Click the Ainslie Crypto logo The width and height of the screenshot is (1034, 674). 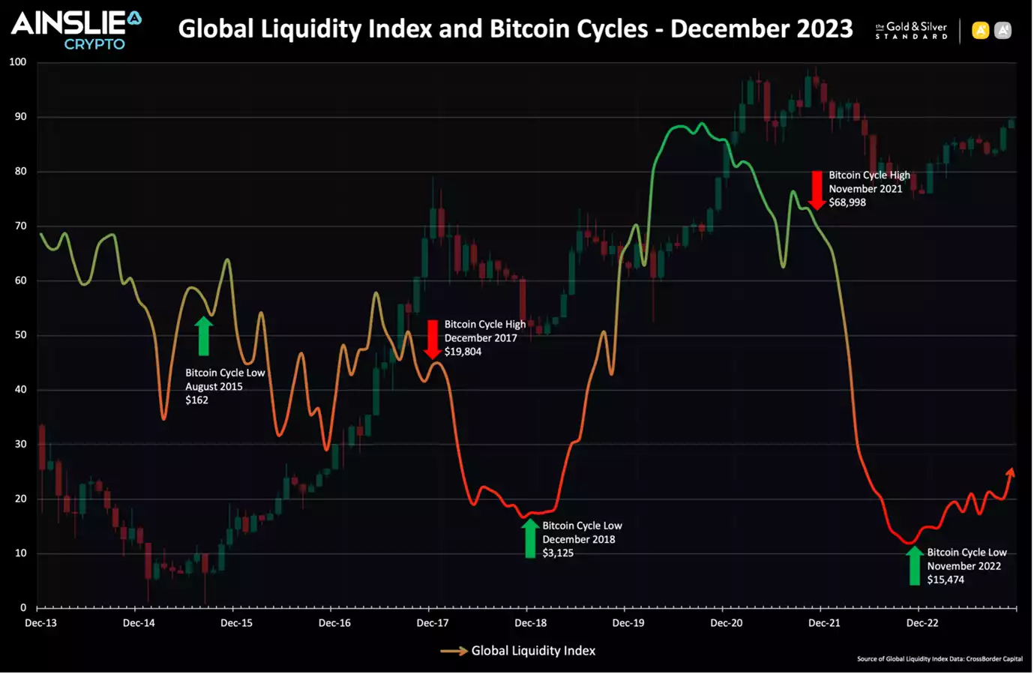pyautogui.click(x=76, y=30)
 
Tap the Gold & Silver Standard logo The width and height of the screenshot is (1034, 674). pyautogui.click(x=911, y=31)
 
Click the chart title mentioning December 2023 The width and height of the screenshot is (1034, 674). pyautogui.click(x=515, y=28)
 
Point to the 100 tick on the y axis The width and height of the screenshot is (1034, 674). pyautogui.click(x=17, y=62)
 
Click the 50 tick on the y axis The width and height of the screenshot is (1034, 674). pyautogui.click(x=20, y=335)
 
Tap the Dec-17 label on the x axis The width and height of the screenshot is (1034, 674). pyautogui.click(x=433, y=623)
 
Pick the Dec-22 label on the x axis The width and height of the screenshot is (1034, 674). pyautogui.click(x=922, y=623)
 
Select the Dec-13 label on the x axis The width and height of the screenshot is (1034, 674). pyautogui.click(x=40, y=623)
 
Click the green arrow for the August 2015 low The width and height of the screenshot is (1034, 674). pyautogui.click(x=203, y=336)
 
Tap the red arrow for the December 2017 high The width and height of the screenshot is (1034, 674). pyautogui.click(x=433, y=340)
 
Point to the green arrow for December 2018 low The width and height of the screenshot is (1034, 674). pyautogui.click(x=530, y=538)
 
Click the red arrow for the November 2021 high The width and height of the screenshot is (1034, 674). pyautogui.click(x=817, y=190)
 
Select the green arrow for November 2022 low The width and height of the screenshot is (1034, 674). pyautogui.click(x=914, y=565)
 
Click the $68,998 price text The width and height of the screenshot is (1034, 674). pyautogui.click(x=847, y=202)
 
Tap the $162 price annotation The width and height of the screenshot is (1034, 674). pyautogui.click(x=197, y=400)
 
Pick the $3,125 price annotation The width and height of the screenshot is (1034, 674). pyautogui.click(x=558, y=553)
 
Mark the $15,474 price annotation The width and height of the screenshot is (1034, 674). pyautogui.click(x=946, y=580)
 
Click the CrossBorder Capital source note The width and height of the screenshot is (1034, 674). pyautogui.click(x=940, y=659)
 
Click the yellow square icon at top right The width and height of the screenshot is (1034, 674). pyautogui.click(x=980, y=31)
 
